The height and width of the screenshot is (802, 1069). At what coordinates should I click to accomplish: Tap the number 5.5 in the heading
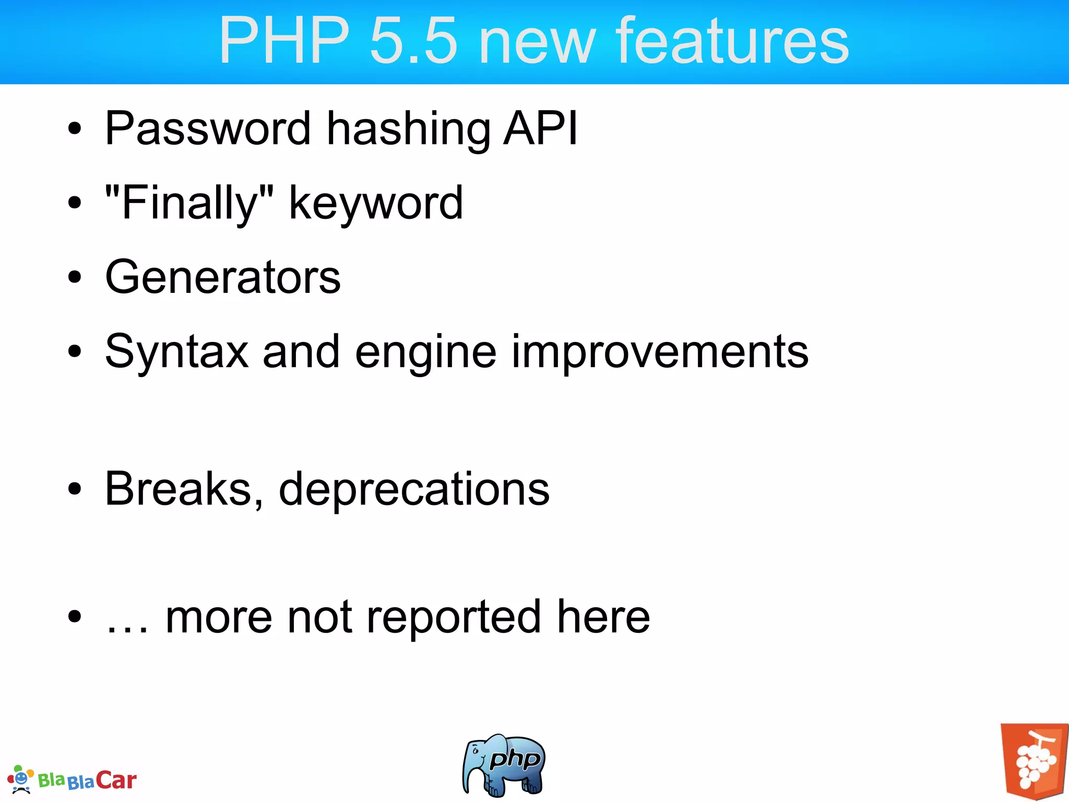413,41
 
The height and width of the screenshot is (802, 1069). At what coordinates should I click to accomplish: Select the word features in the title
732,41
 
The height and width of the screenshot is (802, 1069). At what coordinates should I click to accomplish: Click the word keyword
376,204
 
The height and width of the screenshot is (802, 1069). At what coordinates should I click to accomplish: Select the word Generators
223,277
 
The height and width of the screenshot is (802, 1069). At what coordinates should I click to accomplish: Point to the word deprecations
414,490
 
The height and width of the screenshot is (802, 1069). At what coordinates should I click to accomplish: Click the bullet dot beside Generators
75,277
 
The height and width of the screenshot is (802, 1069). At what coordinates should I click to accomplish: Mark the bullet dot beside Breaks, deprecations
75,489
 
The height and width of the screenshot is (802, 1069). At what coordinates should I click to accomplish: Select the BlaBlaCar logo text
88,781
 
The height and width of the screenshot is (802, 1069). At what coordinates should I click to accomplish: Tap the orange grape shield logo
1034,761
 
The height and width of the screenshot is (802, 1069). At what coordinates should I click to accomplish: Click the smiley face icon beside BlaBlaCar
20,779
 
